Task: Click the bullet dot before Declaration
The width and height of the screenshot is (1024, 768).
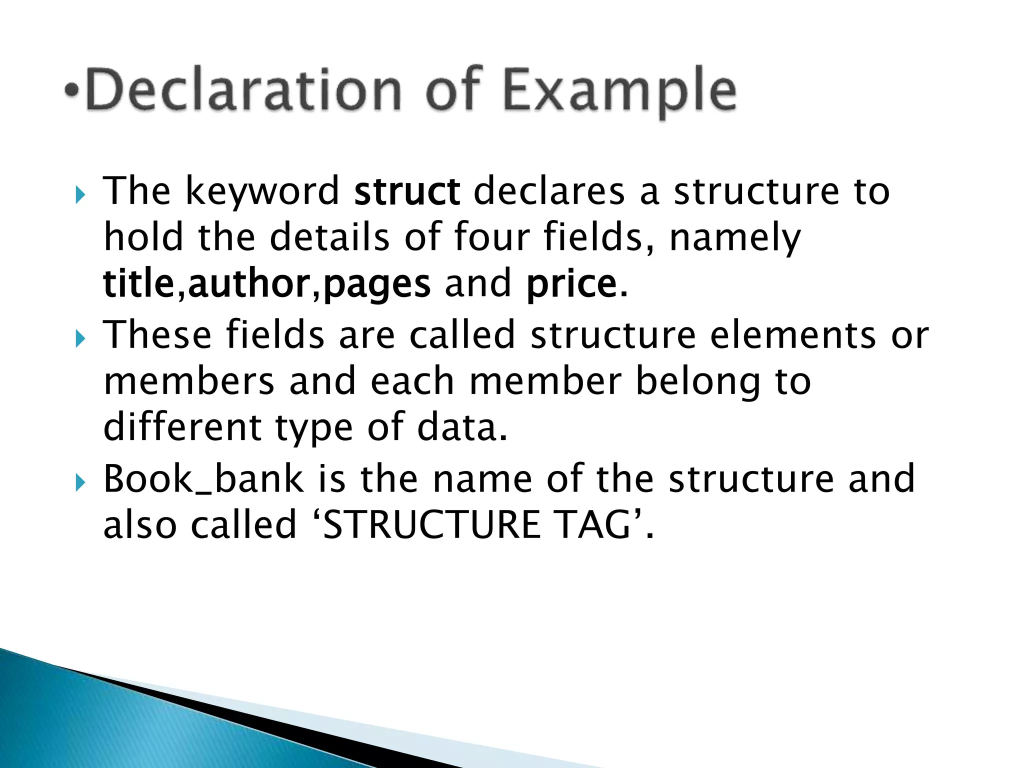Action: tap(73, 91)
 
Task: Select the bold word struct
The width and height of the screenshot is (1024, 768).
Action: tap(406, 191)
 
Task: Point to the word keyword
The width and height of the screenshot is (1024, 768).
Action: tap(262, 192)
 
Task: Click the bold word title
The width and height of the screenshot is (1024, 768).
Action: tap(138, 283)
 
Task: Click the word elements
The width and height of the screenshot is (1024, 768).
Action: tap(793, 335)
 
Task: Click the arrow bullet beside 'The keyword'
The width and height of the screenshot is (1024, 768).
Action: tap(80, 195)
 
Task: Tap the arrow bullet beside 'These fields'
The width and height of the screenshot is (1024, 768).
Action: tap(80, 339)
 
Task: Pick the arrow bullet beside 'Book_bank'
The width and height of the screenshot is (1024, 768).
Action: tap(80, 483)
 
